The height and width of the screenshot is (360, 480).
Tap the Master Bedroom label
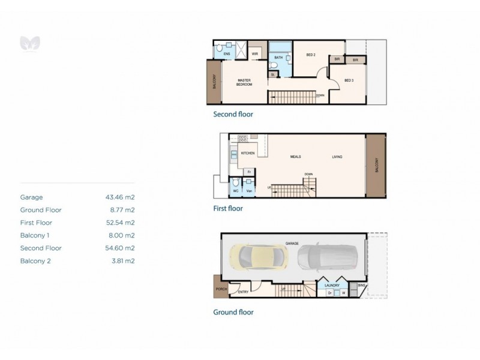pyautogui.click(x=244, y=82)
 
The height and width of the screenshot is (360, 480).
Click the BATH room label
pyautogui.click(x=278, y=58)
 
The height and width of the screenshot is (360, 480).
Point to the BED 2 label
pyautogui.click(x=311, y=55)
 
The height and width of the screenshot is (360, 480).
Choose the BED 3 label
pyautogui.click(x=349, y=80)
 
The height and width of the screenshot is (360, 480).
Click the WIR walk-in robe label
pyautogui.click(x=255, y=54)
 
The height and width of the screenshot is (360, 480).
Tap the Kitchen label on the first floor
pyautogui.click(x=248, y=153)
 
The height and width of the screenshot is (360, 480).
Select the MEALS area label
pyautogui.click(x=295, y=157)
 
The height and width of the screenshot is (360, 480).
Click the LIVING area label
pyautogui.click(x=337, y=157)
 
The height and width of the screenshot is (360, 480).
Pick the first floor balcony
pyautogui.click(x=377, y=164)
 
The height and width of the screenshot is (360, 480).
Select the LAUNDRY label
pyautogui.click(x=333, y=286)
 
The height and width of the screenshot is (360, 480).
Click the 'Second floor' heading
pyautogui.click(x=233, y=114)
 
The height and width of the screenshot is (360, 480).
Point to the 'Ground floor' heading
pyautogui.click(x=233, y=312)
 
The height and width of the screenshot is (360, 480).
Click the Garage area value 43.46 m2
pyautogui.click(x=120, y=197)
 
